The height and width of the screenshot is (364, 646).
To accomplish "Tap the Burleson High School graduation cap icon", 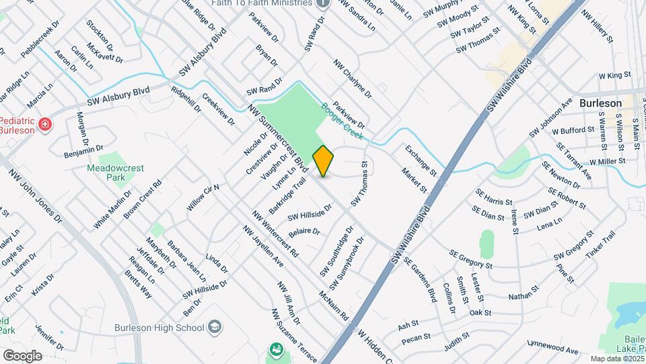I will click(x=214, y=328).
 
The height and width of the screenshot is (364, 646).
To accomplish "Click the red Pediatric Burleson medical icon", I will click(x=45, y=124).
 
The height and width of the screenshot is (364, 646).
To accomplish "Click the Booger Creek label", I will click(x=342, y=121).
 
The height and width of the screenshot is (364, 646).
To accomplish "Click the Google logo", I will click(x=22, y=355).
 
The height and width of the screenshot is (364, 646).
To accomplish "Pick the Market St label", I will click(x=410, y=181).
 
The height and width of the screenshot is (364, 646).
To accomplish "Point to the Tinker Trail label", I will click(x=600, y=245).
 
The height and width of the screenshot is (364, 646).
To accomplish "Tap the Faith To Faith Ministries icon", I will click(x=324, y=3).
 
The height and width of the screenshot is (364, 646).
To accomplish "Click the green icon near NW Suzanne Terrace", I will click(x=276, y=349).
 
